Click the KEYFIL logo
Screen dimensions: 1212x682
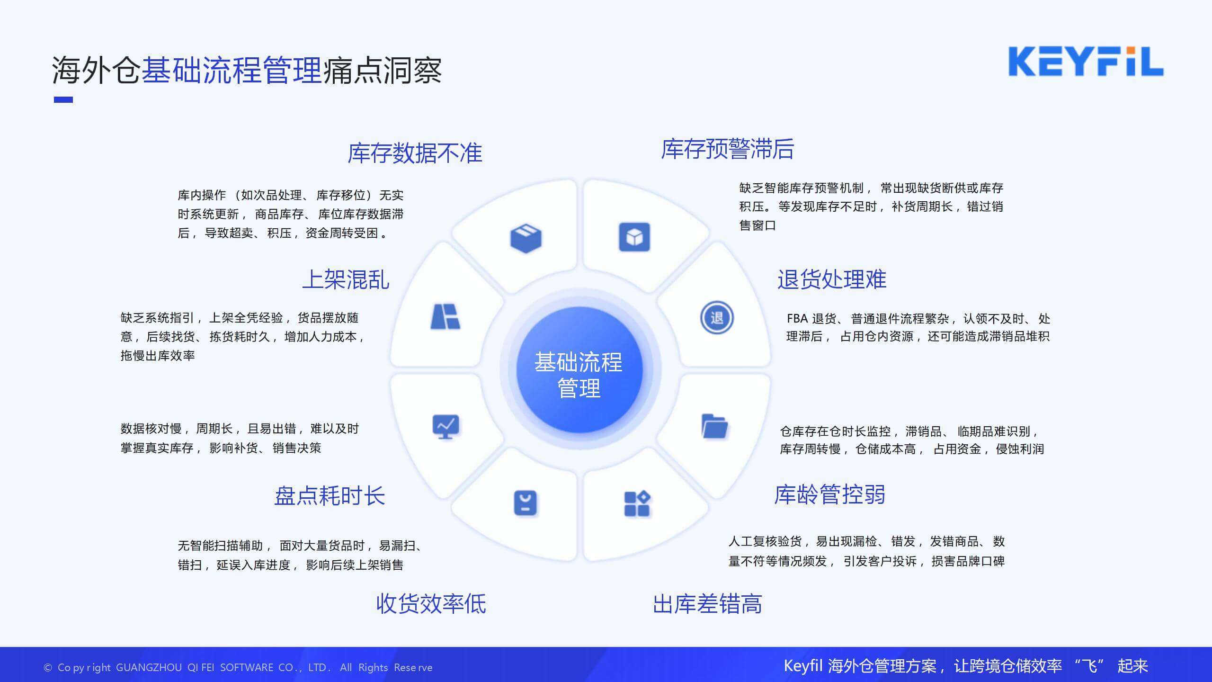1086,62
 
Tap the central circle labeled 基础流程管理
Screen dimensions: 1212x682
579,370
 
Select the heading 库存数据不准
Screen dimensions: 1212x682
415,153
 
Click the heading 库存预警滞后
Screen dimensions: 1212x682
727,149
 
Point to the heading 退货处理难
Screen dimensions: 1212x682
832,279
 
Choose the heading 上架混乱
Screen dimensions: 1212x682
346,279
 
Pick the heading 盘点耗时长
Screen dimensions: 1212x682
330,496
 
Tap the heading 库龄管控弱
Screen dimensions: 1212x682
829,494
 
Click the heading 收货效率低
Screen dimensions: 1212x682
431,604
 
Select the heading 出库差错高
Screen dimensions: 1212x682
707,604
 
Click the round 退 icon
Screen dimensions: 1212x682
717,317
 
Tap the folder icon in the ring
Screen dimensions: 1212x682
714,426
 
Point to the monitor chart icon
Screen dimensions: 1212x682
446,427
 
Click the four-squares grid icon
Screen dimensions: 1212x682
637,503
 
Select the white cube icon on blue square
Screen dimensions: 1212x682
634,237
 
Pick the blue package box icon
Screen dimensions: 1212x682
526,238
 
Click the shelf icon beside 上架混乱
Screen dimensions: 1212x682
445,316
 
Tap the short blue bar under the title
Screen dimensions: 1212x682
63,99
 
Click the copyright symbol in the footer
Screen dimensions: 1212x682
48,668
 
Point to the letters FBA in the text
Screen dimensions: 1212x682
797,318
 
